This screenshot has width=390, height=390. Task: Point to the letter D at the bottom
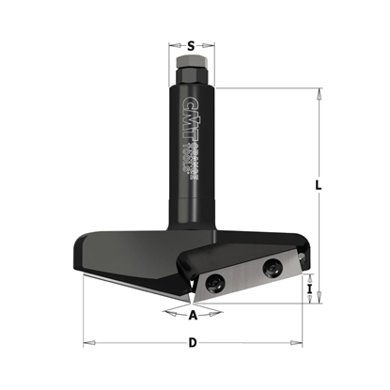(x=193, y=342)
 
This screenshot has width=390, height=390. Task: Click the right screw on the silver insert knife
(x=272, y=267)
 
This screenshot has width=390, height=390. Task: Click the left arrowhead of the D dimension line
(x=86, y=342)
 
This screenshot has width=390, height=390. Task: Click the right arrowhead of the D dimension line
(x=303, y=342)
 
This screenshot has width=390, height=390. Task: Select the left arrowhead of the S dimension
(x=172, y=44)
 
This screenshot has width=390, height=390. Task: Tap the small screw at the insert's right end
(x=300, y=252)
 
